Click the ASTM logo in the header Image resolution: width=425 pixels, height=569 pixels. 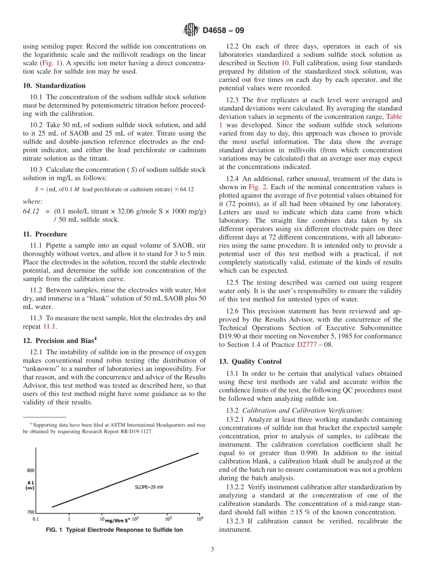click(191, 30)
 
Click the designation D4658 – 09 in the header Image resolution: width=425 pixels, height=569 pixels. click(223, 31)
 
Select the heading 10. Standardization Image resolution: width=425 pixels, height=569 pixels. click(54, 85)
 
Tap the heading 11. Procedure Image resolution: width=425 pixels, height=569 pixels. click(45, 234)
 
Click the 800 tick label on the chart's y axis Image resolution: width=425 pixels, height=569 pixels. click(30, 471)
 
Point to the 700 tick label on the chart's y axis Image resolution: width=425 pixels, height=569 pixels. click(30, 512)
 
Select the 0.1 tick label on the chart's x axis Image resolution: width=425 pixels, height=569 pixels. click(36, 519)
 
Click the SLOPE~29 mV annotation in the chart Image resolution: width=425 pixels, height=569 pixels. click(149, 487)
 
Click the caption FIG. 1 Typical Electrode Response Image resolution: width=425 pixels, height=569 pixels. click(114, 530)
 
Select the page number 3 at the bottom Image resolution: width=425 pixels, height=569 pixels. click(212, 550)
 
